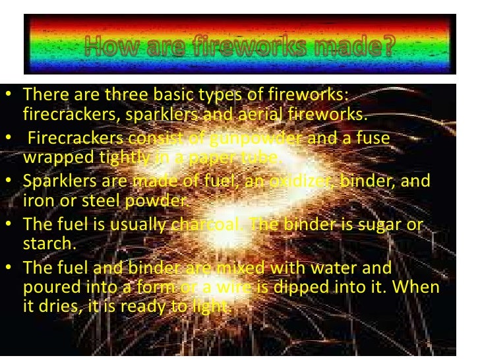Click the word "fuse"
373,138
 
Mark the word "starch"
46,243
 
